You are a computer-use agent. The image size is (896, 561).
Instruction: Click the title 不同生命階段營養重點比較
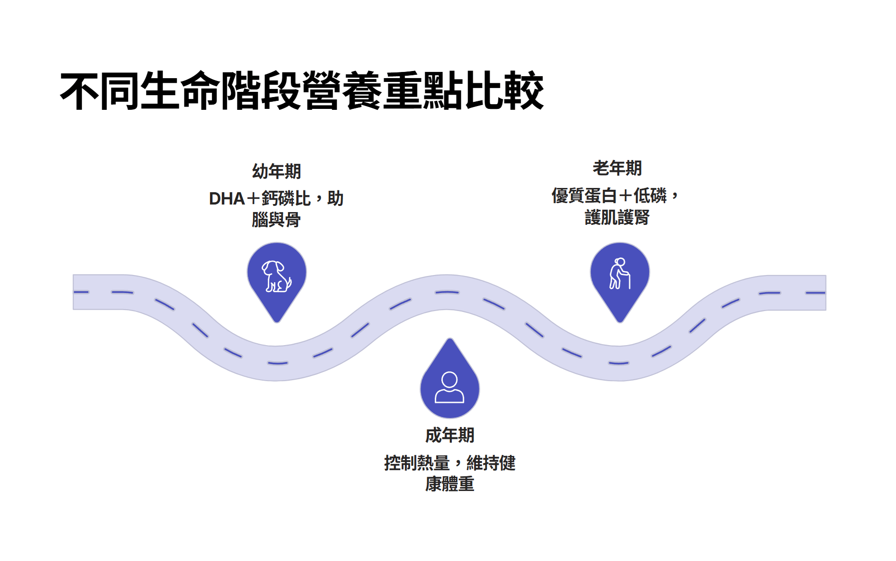302,91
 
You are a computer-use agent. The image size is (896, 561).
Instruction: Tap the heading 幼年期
276,171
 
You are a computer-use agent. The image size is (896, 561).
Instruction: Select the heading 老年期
617,168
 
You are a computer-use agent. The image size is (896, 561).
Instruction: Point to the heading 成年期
449,435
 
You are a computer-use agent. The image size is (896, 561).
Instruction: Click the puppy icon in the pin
276,276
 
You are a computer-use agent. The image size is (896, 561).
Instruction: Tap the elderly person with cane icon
619,274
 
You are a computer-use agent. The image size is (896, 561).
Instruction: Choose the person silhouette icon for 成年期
449,387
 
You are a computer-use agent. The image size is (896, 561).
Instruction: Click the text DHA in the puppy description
227,199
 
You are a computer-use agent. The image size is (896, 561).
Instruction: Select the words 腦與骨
276,220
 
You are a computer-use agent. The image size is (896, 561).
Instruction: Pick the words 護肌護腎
617,218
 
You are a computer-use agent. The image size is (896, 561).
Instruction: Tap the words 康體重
449,484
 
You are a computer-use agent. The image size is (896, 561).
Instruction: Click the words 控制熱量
416,463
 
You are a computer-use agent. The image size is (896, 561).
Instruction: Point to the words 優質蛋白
584,196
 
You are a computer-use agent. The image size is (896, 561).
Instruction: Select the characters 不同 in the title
99,91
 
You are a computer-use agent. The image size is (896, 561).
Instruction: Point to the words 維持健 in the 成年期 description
491,463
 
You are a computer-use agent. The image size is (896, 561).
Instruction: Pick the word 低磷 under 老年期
650,196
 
